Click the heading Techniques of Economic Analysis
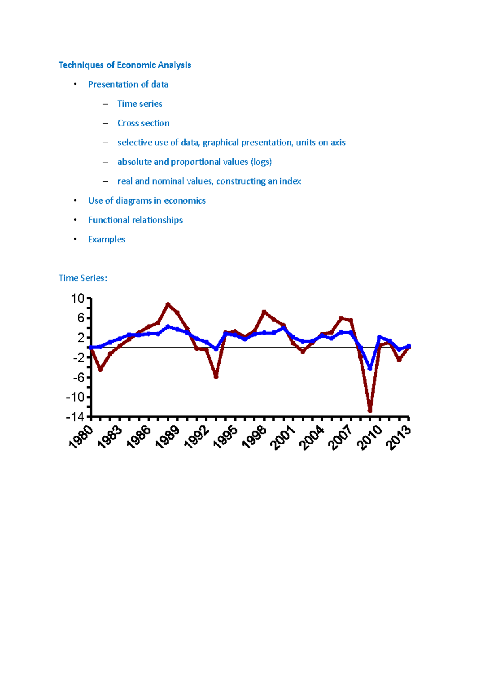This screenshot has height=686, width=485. point(124,65)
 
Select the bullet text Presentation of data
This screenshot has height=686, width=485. point(128,84)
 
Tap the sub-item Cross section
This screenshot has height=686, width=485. point(143,123)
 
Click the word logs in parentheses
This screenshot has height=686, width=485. point(261,162)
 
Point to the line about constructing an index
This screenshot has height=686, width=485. point(209,181)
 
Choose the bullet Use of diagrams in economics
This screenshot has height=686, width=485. point(147,201)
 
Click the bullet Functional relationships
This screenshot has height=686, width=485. point(135,220)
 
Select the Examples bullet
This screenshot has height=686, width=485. point(106,240)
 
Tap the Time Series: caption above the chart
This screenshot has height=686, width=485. point(83,278)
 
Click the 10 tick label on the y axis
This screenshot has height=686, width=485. point(78,299)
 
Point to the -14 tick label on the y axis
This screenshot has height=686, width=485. point(75,417)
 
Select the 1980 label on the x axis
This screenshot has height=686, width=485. point(81,438)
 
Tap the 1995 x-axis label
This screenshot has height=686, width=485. point(226,438)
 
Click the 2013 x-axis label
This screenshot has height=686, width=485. point(399,438)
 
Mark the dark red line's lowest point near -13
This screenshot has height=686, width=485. point(370,411)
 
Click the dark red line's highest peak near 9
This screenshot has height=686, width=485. point(168,304)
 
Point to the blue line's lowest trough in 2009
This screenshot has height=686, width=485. point(370,368)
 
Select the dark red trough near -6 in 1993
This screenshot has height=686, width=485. point(216,377)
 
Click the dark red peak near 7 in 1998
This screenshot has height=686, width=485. point(264,312)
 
